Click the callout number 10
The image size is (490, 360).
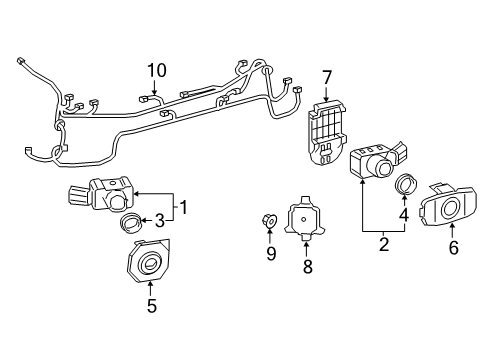pos(155,70)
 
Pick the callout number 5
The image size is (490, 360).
pos(152,307)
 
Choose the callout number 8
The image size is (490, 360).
pos(308,268)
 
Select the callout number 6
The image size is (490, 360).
pos(453,248)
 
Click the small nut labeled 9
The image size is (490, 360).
pos(270,220)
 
